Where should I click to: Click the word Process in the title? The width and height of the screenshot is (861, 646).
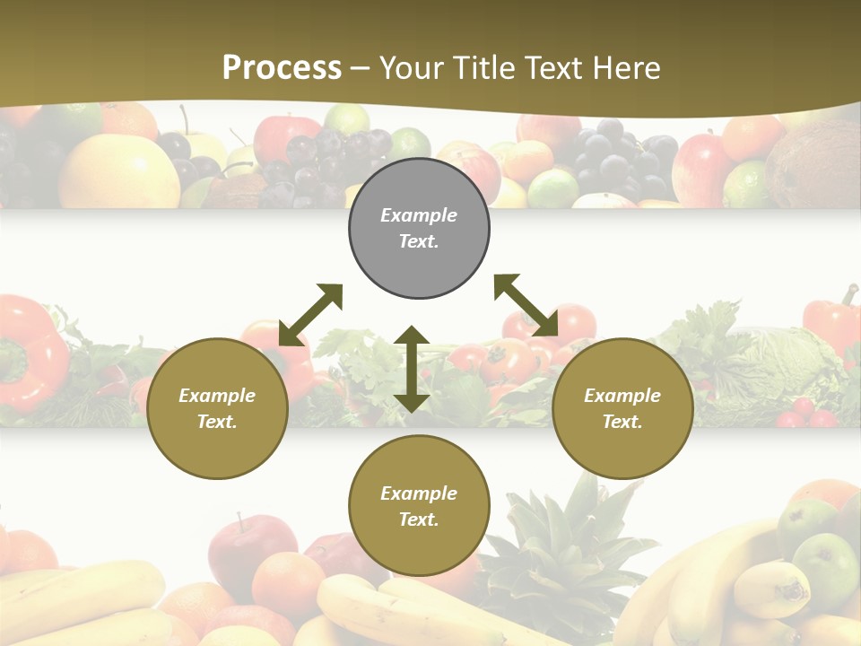tap(282, 68)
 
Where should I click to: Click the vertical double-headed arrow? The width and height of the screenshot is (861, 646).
tap(412, 369)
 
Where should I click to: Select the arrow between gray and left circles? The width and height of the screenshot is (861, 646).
tap(310, 315)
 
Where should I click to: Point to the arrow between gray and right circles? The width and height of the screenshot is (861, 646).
tap(526, 306)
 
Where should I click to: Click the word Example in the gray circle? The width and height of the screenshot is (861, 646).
tap(419, 215)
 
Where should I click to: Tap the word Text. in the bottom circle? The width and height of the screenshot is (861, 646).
tap(419, 519)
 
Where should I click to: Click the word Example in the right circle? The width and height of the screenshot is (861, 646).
tap(622, 396)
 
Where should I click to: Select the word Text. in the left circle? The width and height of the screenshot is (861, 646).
tap(217, 422)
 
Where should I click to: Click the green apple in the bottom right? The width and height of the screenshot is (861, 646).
tap(825, 565)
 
